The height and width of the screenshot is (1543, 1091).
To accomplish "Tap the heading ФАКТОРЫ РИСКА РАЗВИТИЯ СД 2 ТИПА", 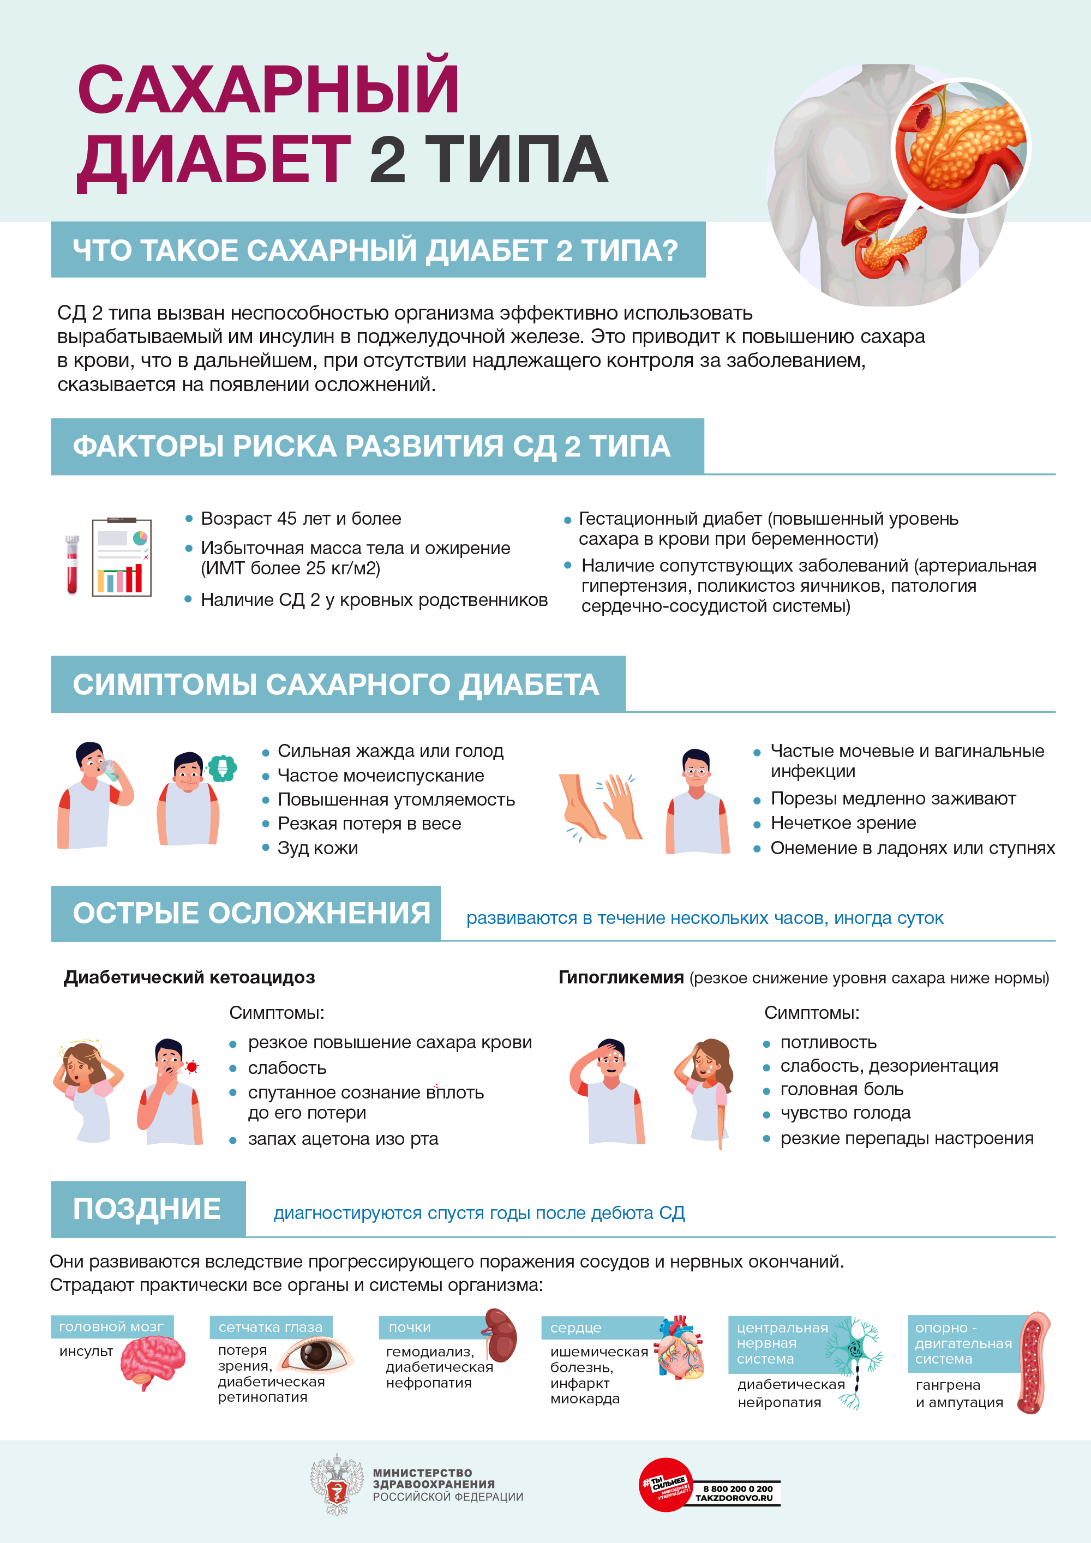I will point(371,446).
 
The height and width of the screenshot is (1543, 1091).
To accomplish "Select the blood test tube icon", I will point(72,564).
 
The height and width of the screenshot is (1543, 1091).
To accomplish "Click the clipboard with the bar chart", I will point(122,557).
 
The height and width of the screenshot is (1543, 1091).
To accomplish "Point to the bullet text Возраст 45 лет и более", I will point(301,519).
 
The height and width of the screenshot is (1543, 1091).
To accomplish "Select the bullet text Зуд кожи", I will point(317,848).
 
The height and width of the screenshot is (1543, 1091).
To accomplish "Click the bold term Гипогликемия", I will point(620,977).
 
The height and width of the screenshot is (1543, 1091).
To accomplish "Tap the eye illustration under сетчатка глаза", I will point(315,1355).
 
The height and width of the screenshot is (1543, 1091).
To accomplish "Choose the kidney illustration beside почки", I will point(500,1335).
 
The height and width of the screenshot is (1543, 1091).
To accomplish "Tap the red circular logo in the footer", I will point(665,1485).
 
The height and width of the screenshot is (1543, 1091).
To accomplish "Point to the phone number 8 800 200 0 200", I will point(738,1488).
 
